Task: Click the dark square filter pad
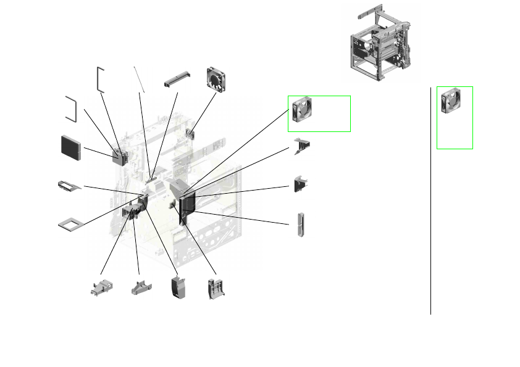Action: (x=71, y=147)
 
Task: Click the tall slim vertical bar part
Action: (x=301, y=226)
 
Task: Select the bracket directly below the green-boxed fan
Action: (x=302, y=144)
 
